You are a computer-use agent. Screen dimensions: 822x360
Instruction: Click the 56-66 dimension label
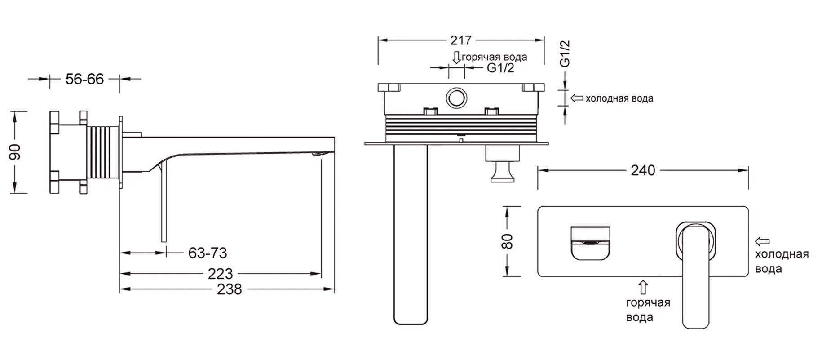(x=84, y=79)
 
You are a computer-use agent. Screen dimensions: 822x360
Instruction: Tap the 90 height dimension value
(x=15, y=152)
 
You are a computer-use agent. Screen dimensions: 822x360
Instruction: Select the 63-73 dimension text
(x=208, y=253)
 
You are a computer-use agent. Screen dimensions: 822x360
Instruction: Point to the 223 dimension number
(x=220, y=274)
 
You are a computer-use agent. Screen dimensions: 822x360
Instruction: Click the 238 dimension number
(x=229, y=289)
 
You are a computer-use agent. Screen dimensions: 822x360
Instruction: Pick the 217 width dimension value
(x=461, y=40)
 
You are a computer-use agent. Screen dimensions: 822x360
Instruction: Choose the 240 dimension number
(x=643, y=170)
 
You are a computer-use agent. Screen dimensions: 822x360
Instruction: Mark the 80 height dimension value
(x=507, y=241)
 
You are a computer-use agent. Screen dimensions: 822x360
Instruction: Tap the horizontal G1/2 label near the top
(x=500, y=68)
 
